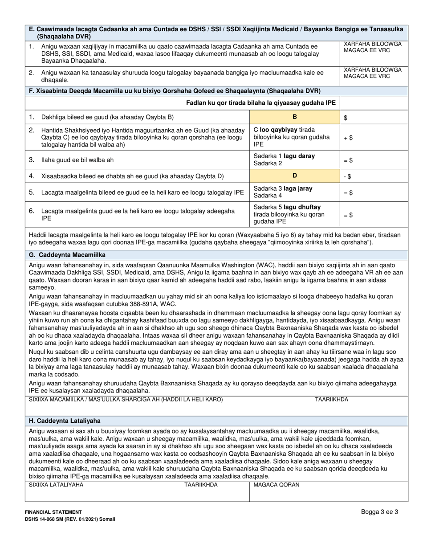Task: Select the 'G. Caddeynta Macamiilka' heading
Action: pyautogui.click(x=68, y=255)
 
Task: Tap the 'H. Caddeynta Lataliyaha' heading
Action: pyautogui.click(x=65, y=421)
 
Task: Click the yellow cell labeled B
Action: pyautogui.click(x=294, y=117)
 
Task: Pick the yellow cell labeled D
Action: pyautogui.click(x=294, y=176)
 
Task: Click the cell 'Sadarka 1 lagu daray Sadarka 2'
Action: pyautogui.click(x=294, y=159)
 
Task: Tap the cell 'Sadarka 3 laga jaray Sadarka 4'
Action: pyautogui.click(x=294, y=192)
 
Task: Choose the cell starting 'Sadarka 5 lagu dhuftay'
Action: pyautogui.click(x=294, y=214)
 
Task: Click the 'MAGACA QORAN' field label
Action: pyautogui.click(x=277, y=485)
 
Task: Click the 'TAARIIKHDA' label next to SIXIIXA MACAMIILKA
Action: pyautogui.click(x=332, y=400)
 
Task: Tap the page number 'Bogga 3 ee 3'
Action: pyautogui.click(x=379, y=512)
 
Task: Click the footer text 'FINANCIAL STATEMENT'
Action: pyautogui.click(x=53, y=512)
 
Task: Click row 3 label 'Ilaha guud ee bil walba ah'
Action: pyautogui.click(x=77, y=159)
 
